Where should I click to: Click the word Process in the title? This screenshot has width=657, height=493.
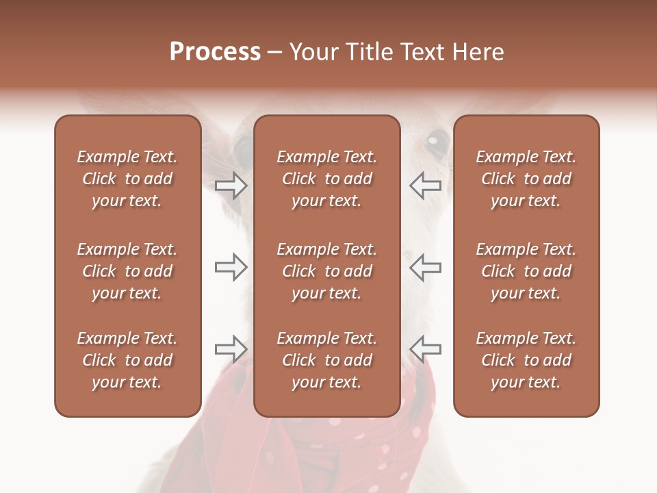(215, 51)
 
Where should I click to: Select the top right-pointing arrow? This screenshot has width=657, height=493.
(231, 186)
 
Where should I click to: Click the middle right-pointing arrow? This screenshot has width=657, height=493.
(231, 267)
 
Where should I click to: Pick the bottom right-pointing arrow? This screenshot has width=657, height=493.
(231, 349)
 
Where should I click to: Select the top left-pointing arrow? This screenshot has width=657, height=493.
(425, 186)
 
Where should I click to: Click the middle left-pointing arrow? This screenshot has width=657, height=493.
(425, 267)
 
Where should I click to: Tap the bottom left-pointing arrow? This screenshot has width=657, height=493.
(425, 349)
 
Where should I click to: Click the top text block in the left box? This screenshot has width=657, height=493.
(127, 179)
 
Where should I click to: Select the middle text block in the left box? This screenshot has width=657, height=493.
(127, 271)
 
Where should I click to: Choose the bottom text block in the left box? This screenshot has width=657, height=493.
(127, 360)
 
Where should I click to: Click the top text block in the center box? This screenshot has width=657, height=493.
(326, 179)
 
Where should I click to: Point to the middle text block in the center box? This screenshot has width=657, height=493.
(326, 271)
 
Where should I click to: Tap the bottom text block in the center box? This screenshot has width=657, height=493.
(326, 360)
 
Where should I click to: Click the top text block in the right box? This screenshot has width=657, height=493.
(526, 179)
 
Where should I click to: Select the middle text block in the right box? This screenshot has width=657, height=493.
(526, 271)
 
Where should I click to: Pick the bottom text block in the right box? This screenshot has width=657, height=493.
(526, 360)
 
